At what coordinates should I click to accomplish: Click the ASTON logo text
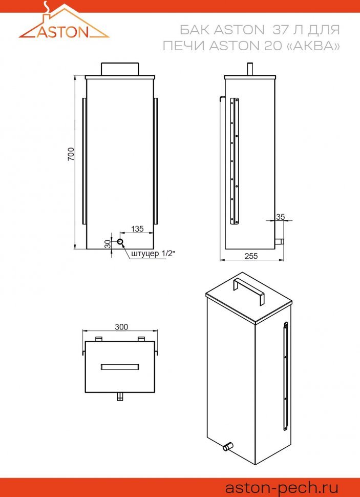pos(63,32)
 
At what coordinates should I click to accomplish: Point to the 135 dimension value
pos(137,229)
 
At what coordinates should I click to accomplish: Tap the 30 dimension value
pos(108,244)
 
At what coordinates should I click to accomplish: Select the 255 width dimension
pos(251,256)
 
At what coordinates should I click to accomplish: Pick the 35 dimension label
pos(281,217)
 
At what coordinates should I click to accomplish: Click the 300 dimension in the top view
pos(121,327)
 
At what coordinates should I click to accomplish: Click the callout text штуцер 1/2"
pos(153,254)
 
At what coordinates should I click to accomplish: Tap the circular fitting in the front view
pos(120,242)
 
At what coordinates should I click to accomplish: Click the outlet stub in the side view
pos(279,242)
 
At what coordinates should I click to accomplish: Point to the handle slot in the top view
pos(120,367)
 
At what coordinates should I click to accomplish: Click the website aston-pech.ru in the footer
pos(282,487)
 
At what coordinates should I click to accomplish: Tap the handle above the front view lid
pos(120,69)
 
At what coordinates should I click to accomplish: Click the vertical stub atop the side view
pos(250,69)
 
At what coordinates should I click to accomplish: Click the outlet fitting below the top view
pos(120,397)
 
